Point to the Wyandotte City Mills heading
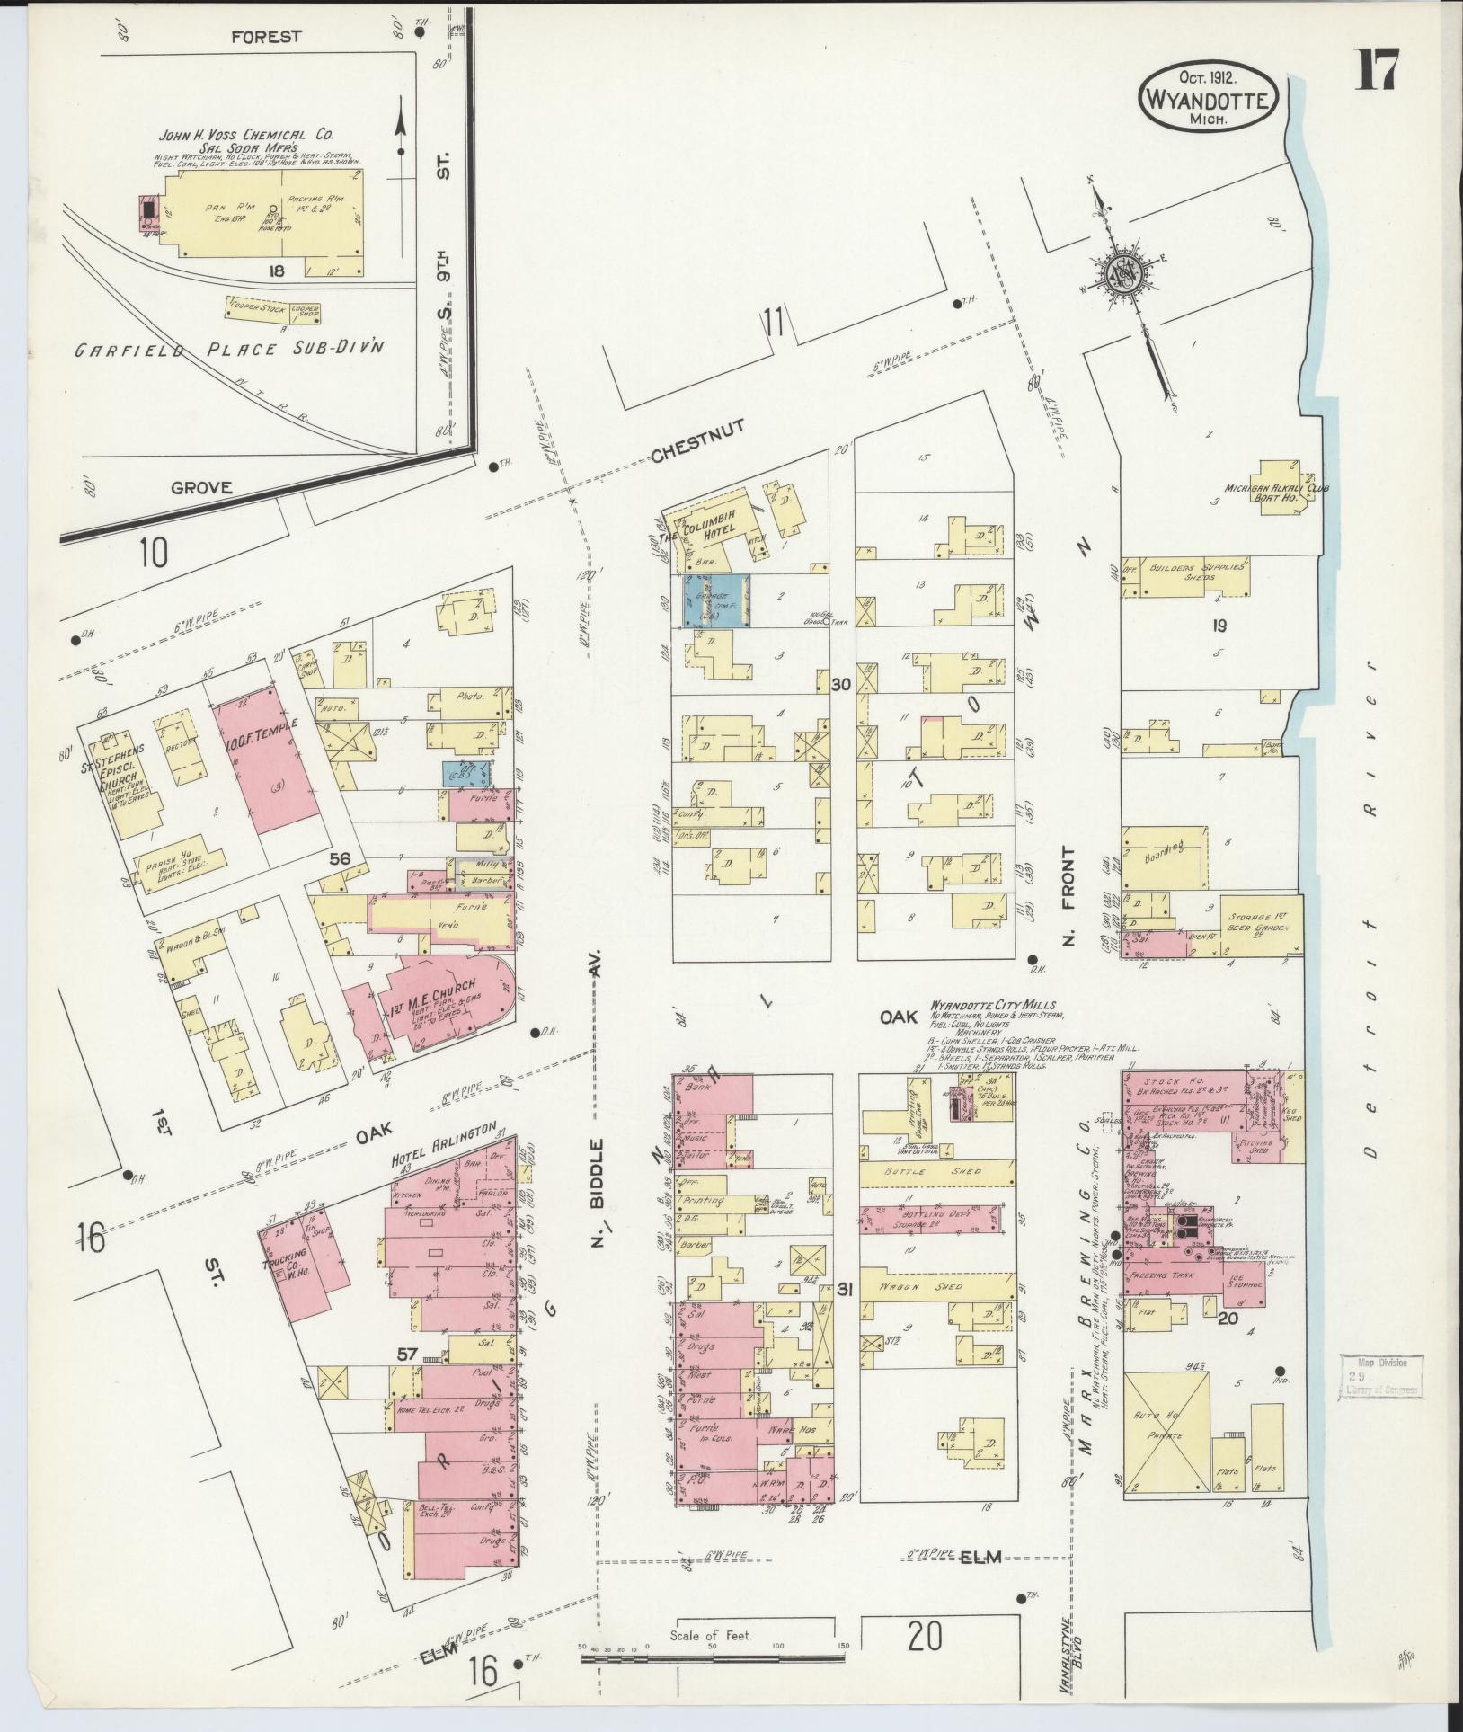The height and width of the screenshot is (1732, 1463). pyautogui.click(x=991, y=1004)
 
